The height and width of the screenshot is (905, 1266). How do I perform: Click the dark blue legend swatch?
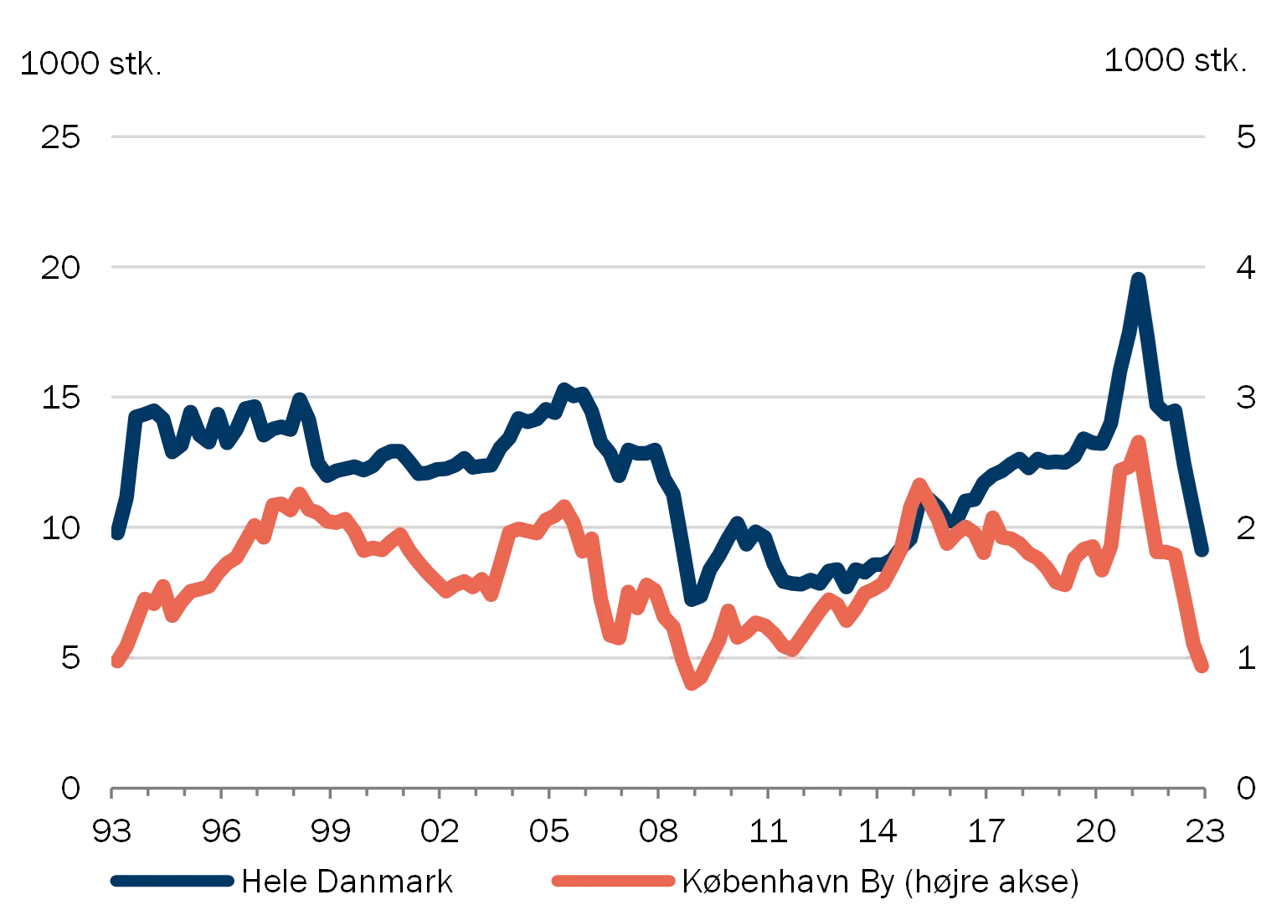[x=171, y=880]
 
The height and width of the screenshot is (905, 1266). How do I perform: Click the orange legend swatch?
[x=613, y=880]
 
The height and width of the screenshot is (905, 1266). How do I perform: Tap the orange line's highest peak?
[x=1138, y=440]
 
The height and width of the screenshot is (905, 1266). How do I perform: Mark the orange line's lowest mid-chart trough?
[x=692, y=686]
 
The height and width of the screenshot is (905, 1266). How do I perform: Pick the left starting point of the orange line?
[x=117, y=663]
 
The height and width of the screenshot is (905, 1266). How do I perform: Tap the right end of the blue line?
[x=1203, y=553]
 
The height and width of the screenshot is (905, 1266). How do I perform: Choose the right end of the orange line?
[x=1203, y=667]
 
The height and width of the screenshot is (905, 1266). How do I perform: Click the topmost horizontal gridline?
[x=656, y=136]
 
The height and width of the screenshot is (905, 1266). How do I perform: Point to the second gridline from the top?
[x=656, y=268]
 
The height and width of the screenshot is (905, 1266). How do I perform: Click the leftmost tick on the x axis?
[x=111, y=793]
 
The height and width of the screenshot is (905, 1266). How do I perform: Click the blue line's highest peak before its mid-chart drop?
[x=566, y=388]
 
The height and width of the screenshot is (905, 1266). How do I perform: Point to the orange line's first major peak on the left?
[x=299, y=491]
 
